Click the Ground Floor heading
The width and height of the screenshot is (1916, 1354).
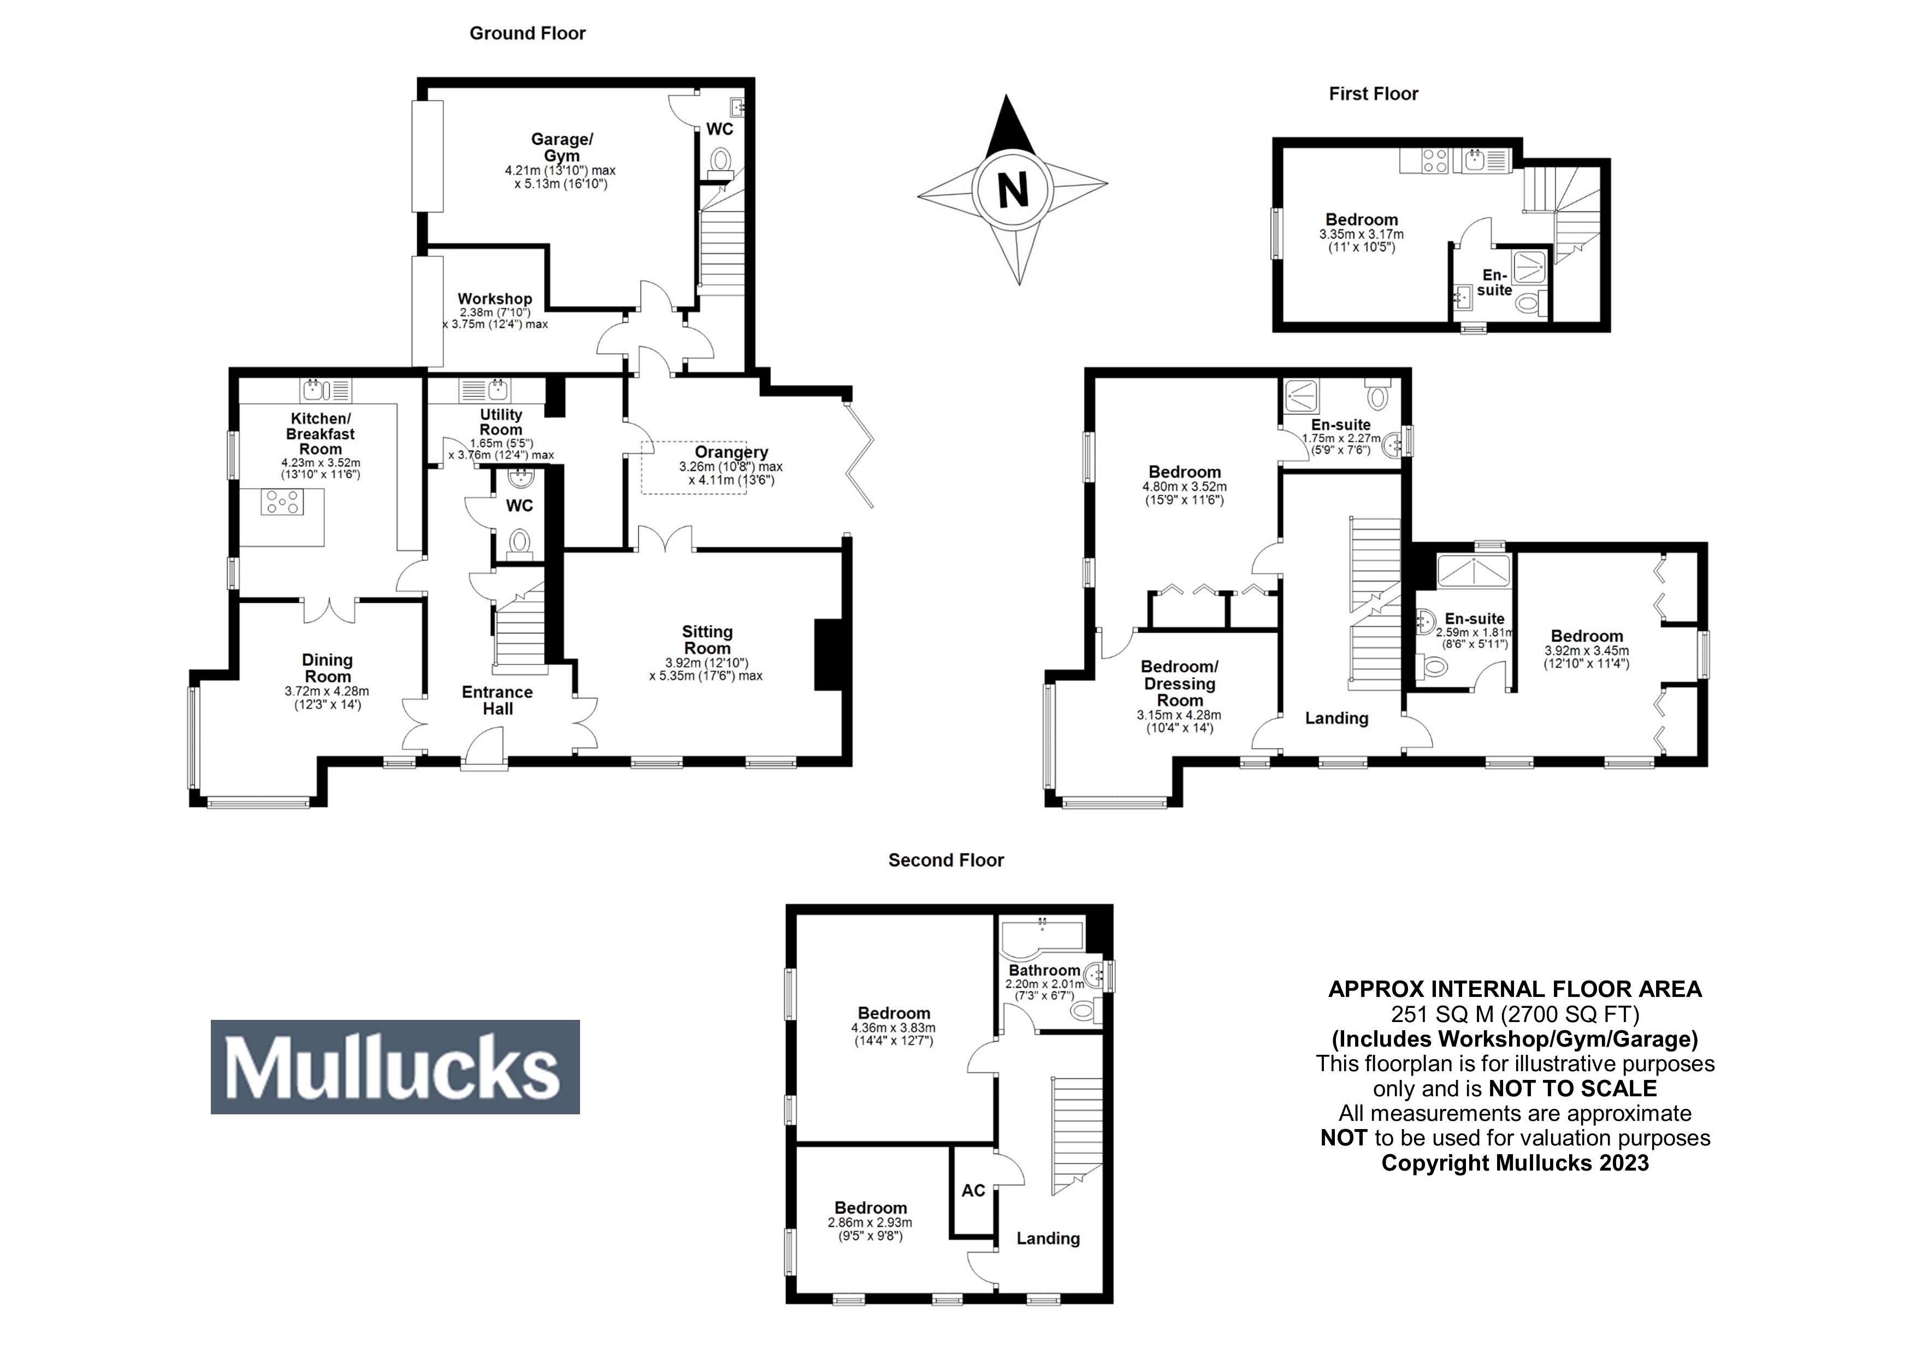pyautogui.click(x=528, y=33)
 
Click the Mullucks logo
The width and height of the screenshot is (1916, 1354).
pyautogui.click(x=395, y=1067)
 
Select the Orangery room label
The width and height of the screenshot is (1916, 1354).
pyautogui.click(x=731, y=452)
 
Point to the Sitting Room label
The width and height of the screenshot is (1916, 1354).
pyautogui.click(x=707, y=640)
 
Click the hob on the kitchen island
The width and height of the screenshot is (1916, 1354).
pyautogui.click(x=282, y=501)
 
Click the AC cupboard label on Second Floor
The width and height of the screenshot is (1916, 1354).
pyautogui.click(x=973, y=1191)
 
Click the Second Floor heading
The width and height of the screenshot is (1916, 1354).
pyautogui.click(x=945, y=860)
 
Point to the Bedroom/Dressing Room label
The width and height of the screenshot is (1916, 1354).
pyautogui.click(x=1179, y=683)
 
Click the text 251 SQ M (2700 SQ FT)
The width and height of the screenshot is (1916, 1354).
pyautogui.click(x=1515, y=1014)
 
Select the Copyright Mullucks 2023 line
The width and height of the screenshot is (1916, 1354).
pyautogui.click(x=1515, y=1163)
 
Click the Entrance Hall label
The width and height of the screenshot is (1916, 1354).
pyautogui.click(x=498, y=700)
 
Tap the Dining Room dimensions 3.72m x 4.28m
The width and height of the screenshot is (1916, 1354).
pyautogui.click(x=327, y=692)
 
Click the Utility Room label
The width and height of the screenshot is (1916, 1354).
pyautogui.click(x=501, y=422)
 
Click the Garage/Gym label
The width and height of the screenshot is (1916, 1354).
pyautogui.click(x=561, y=147)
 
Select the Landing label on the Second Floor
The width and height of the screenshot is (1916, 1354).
pyautogui.click(x=1047, y=1239)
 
